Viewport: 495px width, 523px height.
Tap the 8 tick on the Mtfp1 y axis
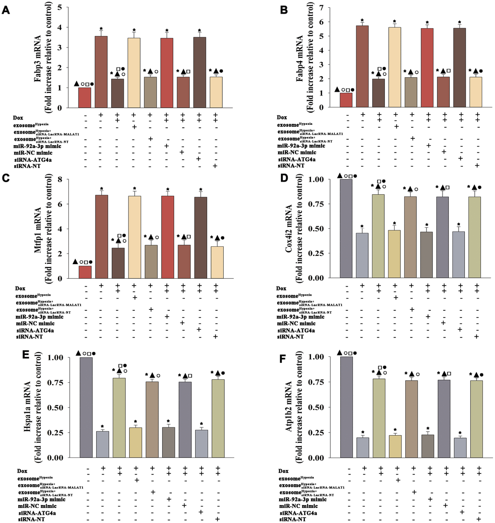pyautogui.click(x=60, y=179)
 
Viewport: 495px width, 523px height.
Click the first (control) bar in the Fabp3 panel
pyautogui.click(x=84, y=98)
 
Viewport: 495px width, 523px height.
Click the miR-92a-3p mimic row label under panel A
pyautogui.click(x=41, y=146)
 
